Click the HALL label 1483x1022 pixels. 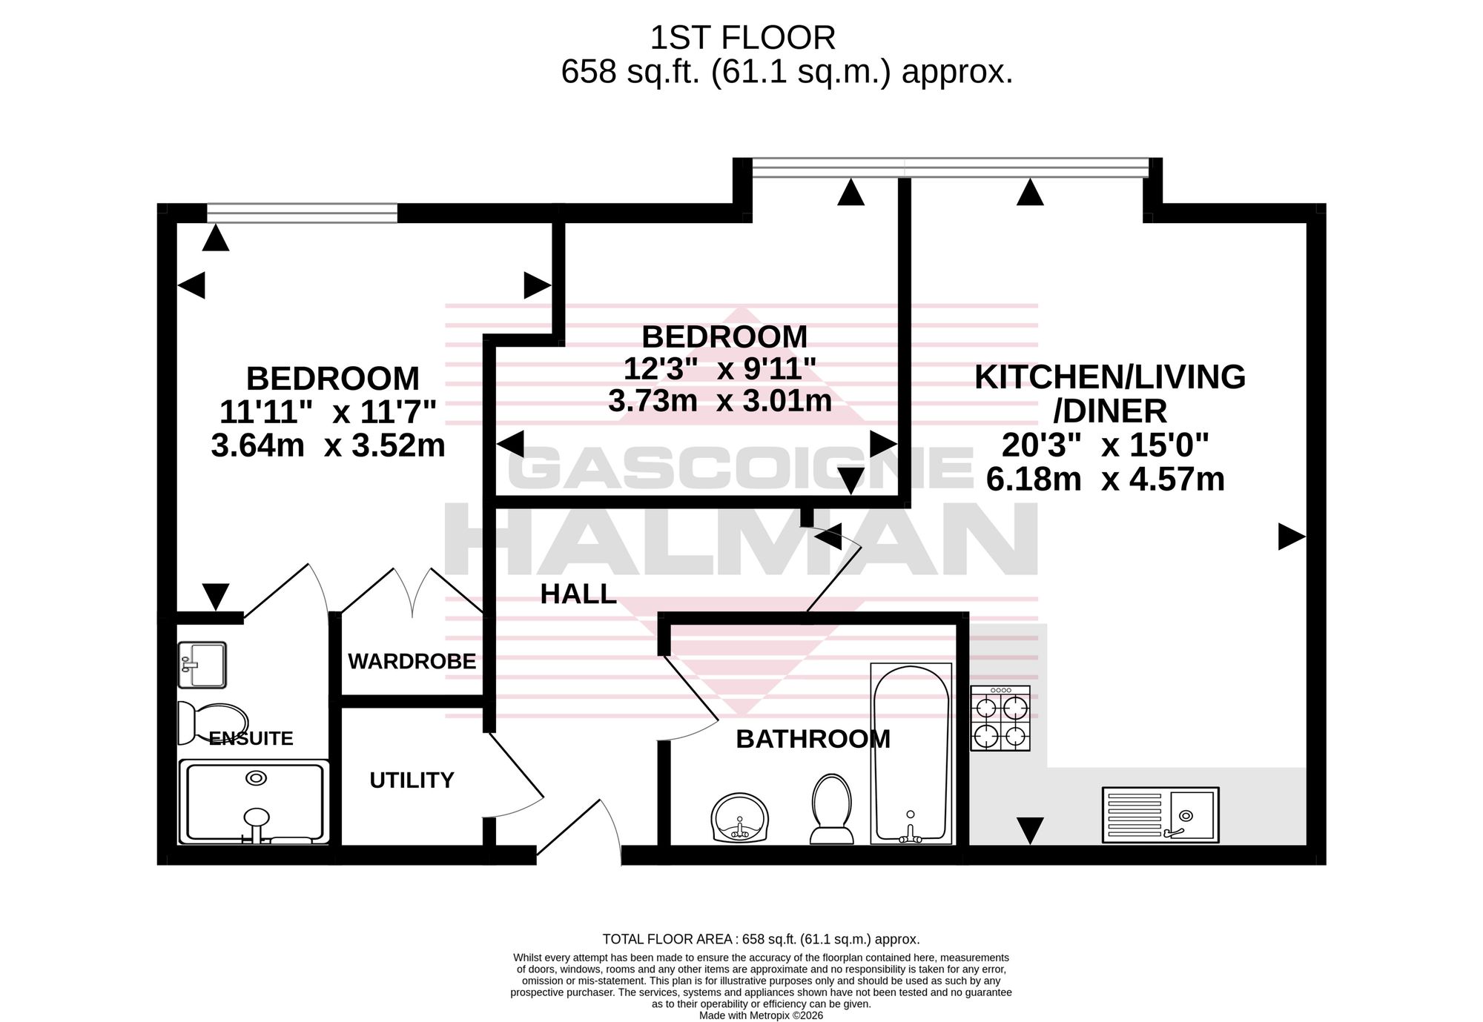tap(578, 594)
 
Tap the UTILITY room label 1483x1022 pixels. tap(412, 780)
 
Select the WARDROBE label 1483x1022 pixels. tap(412, 661)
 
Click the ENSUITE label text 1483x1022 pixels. tap(251, 738)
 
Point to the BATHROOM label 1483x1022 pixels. tap(813, 739)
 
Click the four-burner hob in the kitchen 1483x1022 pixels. tap(1000, 718)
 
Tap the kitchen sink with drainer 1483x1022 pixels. tap(1160, 814)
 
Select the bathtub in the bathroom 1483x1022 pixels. tap(911, 754)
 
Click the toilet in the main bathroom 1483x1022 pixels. tap(830, 809)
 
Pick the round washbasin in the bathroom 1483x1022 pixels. tap(739, 818)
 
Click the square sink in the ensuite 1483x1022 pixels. tap(202, 665)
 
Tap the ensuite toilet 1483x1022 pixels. tap(213, 723)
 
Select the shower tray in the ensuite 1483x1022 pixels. tap(254, 802)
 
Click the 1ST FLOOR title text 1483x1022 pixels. tap(742, 37)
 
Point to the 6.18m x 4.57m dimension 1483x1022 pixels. tap(1105, 480)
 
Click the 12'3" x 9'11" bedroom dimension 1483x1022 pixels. tap(719, 368)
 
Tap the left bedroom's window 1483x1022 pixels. tap(302, 213)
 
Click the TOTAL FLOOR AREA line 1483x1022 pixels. tap(762, 939)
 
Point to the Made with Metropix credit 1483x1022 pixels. tap(761, 1015)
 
